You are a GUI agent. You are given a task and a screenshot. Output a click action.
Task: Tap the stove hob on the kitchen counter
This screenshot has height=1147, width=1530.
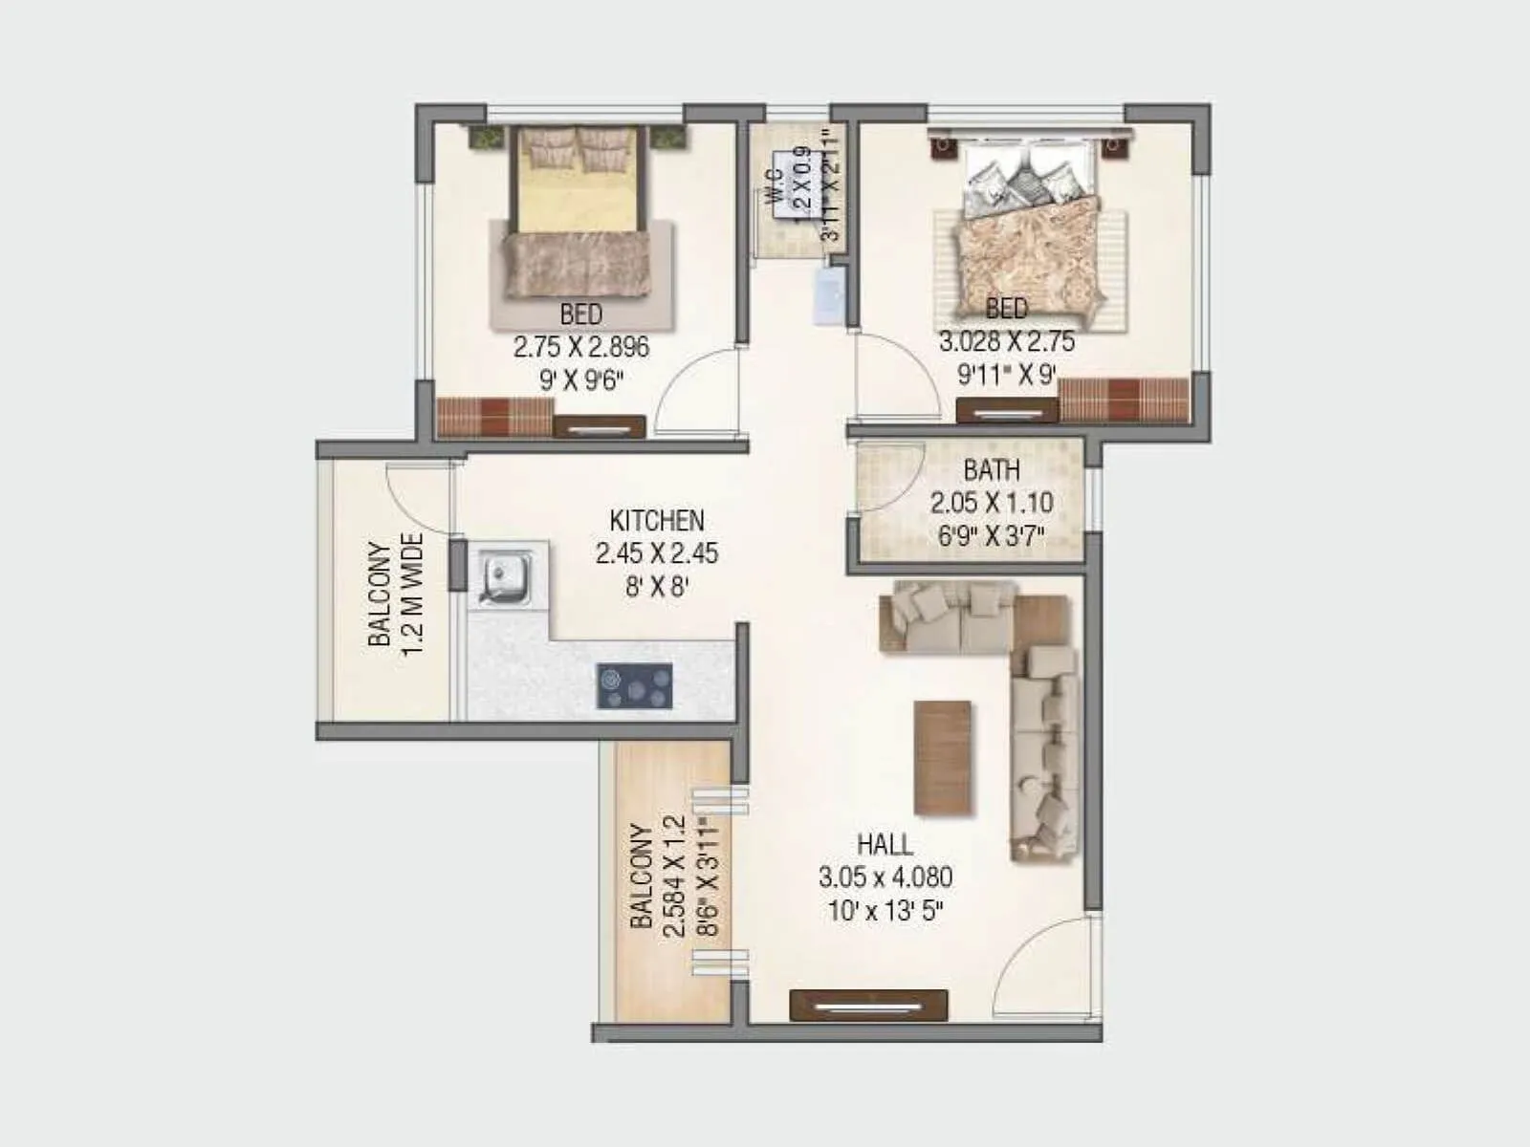(634, 686)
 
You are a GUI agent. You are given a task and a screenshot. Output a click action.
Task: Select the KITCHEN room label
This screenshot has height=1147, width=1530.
(657, 521)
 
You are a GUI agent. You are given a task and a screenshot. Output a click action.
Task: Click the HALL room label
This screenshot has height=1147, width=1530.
(885, 845)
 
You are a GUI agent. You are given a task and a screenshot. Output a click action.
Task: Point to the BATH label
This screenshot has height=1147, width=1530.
(992, 470)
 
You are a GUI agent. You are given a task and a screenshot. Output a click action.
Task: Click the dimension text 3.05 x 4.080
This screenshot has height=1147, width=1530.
(885, 877)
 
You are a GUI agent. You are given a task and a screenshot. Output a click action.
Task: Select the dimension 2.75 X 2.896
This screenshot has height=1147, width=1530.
(581, 347)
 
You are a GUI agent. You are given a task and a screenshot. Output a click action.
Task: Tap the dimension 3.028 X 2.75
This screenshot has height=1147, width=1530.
(1006, 342)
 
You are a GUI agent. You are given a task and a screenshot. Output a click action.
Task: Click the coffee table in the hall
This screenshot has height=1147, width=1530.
(943, 758)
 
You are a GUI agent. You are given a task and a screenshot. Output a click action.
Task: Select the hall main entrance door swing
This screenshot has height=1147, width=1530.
(1042, 965)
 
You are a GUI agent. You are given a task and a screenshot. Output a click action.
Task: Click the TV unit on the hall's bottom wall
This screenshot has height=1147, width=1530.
(868, 1006)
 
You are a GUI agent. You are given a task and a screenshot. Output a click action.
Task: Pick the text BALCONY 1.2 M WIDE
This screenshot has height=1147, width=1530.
(396, 594)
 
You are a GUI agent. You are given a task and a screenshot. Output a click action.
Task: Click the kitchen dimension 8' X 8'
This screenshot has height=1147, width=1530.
(657, 586)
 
